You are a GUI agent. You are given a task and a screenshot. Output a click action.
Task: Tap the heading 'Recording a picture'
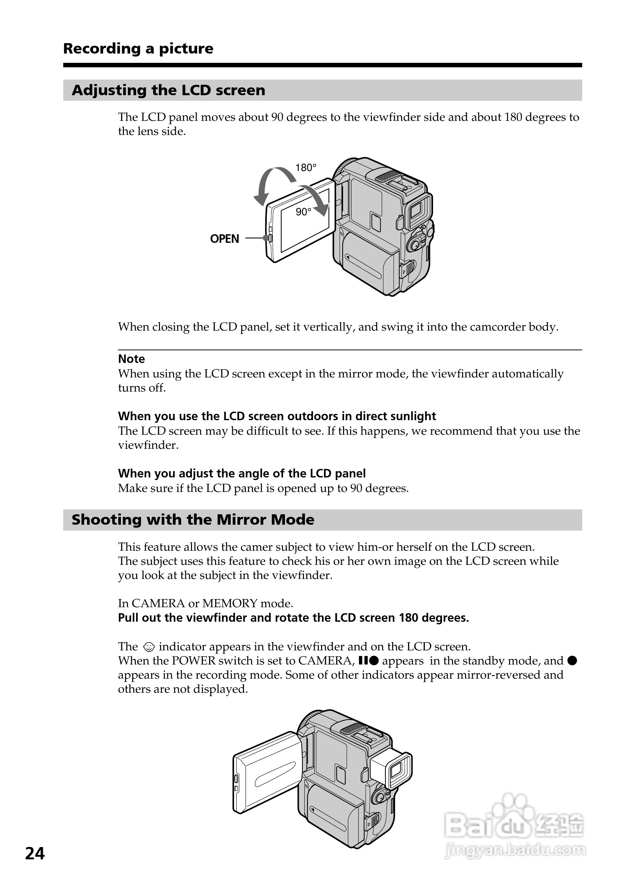point(138,49)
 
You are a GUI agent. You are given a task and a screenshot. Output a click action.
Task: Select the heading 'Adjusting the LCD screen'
point(168,90)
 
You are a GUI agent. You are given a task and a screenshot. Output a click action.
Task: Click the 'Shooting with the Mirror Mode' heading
point(193,519)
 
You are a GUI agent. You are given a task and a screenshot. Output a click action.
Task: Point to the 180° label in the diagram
point(306,168)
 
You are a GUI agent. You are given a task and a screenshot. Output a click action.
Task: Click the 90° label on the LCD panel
point(304,212)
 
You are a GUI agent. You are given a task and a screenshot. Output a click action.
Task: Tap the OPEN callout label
point(224,239)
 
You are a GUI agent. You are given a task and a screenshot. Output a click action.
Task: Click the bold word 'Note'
point(131,359)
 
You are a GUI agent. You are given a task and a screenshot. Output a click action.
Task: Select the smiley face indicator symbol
point(149,647)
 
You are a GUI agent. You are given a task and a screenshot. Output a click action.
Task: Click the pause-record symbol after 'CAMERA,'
point(369,661)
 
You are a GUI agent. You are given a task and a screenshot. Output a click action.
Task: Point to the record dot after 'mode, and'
point(572,661)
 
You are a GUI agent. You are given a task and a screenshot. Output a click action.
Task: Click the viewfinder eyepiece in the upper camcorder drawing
point(418,210)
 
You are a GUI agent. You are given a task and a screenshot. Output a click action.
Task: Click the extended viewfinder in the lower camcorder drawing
point(393,769)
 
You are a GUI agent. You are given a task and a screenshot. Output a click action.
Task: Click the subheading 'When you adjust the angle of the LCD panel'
point(242,473)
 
